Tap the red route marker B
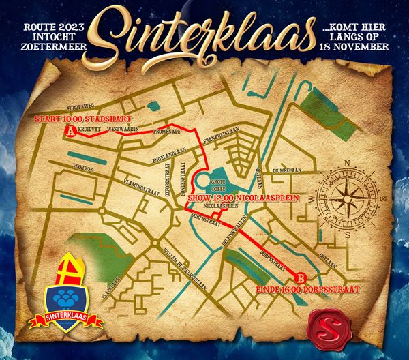tap(300, 277)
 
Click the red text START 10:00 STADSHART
tap(77, 118)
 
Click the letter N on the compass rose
tap(346, 163)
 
